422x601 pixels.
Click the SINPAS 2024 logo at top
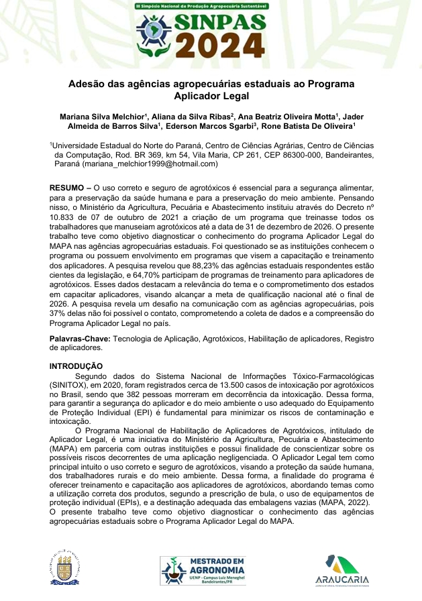point(211,34)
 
